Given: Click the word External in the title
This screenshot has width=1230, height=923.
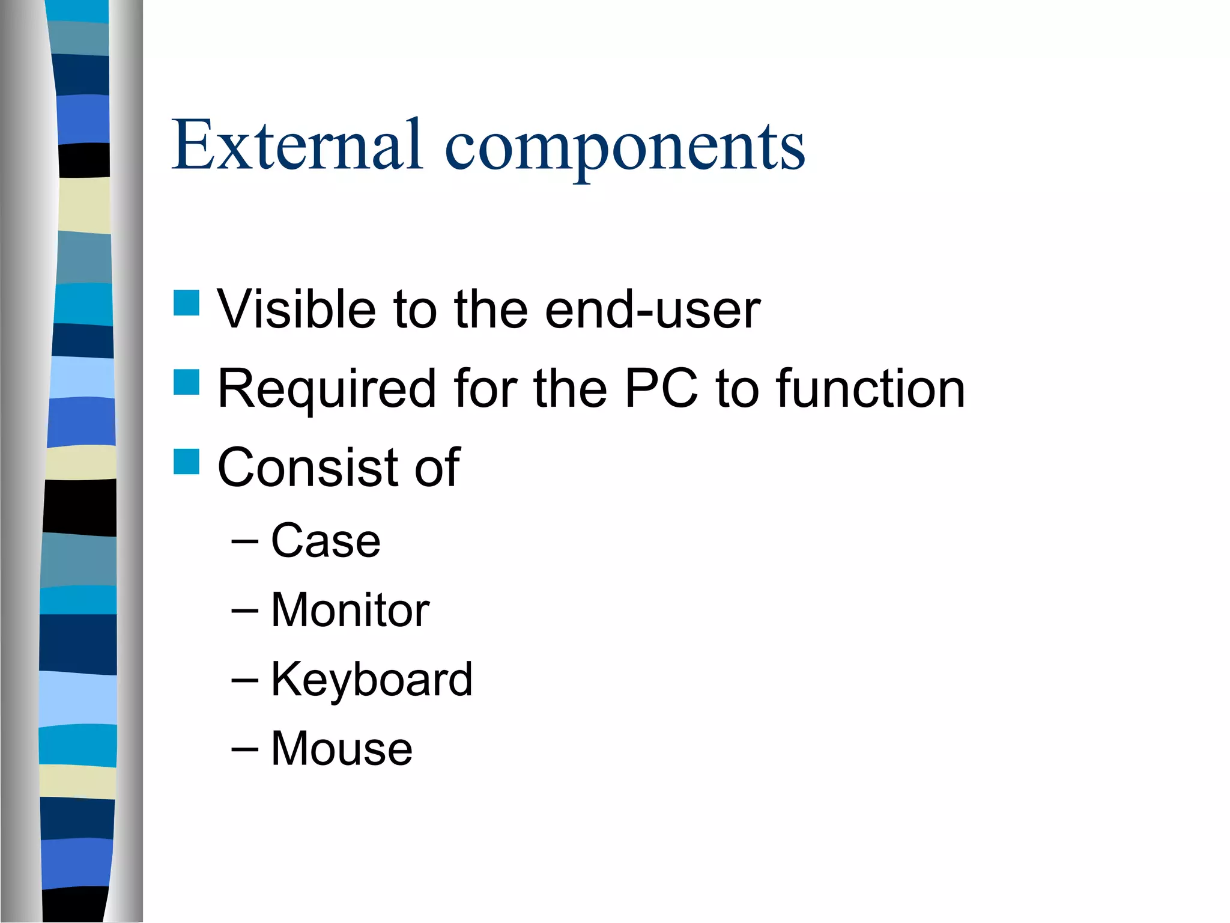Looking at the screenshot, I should tap(297, 145).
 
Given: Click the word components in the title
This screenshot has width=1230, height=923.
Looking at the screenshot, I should tap(625, 147).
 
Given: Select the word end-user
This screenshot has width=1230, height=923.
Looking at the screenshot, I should tap(653, 310).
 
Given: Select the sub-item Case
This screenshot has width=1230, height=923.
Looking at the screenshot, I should tap(326, 540).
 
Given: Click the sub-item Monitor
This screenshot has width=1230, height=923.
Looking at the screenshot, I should tap(350, 610).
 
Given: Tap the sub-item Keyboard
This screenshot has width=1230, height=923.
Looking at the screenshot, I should tap(372, 680).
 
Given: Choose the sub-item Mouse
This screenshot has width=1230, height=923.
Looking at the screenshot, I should tap(342, 749).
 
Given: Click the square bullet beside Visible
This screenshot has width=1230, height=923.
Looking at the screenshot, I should tap(186, 303).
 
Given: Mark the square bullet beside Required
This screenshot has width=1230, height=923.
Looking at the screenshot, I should tap(186, 382).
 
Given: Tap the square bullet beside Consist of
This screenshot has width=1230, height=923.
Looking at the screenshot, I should tap(186, 461).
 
